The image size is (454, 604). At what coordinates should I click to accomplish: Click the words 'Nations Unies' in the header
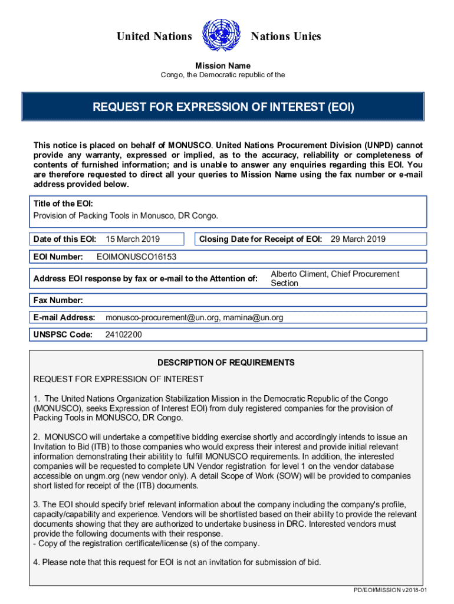pos(286,37)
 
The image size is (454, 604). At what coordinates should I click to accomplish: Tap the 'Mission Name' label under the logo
pos(223,65)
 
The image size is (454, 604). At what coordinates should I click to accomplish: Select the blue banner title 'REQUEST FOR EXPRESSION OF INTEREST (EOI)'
pos(223,107)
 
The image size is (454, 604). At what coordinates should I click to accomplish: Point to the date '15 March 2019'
pos(133,239)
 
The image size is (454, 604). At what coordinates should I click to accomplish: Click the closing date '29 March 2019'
pos(358,239)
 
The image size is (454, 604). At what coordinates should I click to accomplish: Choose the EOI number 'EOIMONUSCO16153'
pos(136,257)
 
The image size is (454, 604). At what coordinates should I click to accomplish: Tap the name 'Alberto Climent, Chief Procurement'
pos(335,274)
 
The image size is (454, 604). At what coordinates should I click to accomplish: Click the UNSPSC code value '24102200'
pos(123,334)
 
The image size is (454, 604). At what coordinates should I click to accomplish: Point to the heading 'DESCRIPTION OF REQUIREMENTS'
pos(226,363)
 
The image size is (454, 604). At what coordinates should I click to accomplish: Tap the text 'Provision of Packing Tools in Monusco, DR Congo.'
pos(126,215)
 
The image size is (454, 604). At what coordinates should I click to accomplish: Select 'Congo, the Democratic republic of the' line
pos(223,75)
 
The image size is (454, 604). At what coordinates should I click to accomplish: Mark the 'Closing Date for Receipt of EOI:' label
pos(261,239)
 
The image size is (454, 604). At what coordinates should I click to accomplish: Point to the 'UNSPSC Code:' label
pos(63,334)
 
